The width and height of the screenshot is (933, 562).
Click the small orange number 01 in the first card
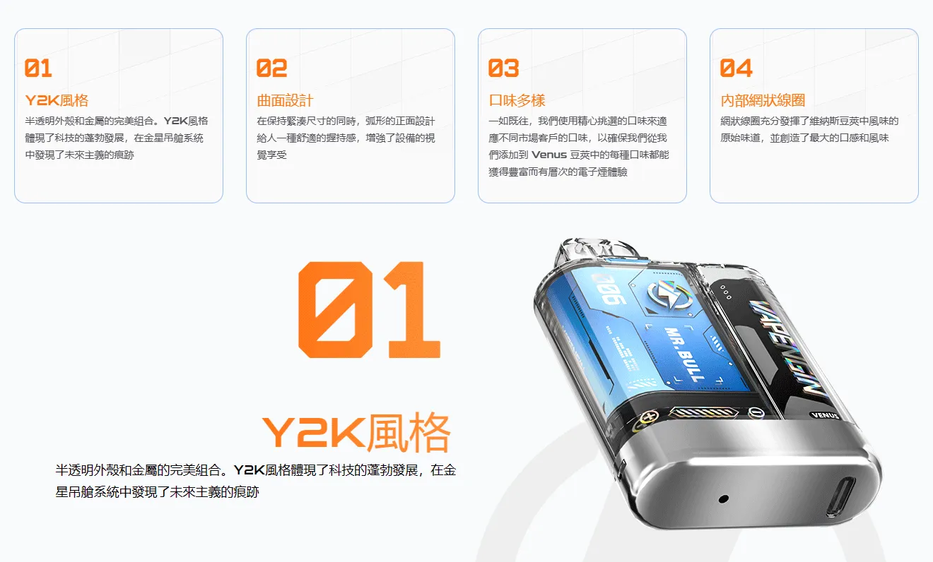coord(38,68)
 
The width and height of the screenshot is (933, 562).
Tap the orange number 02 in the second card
coord(271,68)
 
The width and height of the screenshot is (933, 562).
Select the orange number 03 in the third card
coord(503,68)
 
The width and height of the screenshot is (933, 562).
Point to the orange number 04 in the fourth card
coord(736,68)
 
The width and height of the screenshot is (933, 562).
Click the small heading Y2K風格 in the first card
coord(57,100)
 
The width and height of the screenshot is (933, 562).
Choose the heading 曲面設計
coord(285,100)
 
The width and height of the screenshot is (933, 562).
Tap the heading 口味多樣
coord(517,100)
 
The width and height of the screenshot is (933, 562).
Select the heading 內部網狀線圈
coord(763,100)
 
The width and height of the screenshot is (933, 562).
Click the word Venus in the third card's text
coord(549,155)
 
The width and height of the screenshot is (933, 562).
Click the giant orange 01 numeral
coord(370,310)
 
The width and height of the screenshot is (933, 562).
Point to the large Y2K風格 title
coord(356,432)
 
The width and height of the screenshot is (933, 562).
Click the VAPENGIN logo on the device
coord(785,347)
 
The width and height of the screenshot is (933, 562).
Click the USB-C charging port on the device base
coord(843,496)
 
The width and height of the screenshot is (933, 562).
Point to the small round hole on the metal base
coord(724,498)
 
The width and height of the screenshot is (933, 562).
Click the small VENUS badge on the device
coord(824,414)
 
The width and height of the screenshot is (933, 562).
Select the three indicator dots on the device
coord(726,292)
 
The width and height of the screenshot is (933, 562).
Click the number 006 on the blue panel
coord(609,289)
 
